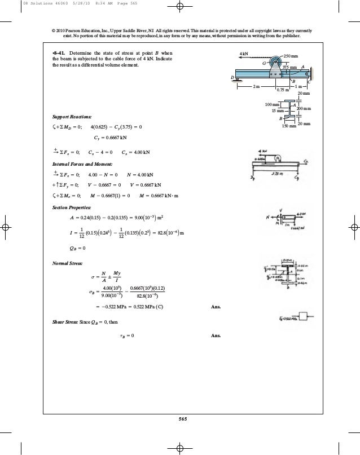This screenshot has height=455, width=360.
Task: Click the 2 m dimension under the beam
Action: [x=257, y=87]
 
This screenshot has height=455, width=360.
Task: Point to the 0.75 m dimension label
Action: [x=283, y=89]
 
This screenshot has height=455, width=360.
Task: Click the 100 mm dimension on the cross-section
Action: [x=273, y=105]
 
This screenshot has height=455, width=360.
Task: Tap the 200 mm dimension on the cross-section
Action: [x=304, y=108]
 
